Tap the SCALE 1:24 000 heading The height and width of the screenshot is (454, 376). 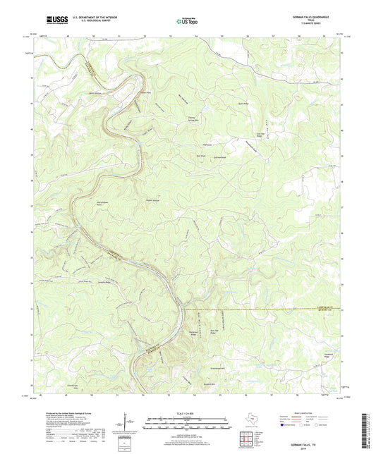pyautogui.click(x=187, y=413)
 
